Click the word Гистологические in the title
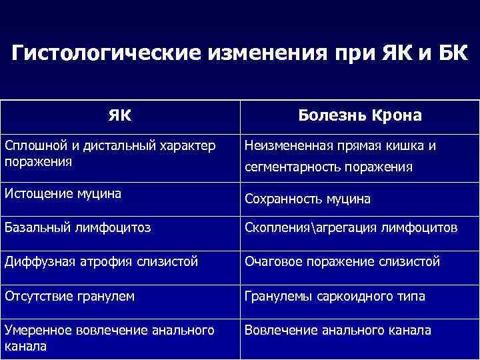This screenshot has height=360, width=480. coord(98,53)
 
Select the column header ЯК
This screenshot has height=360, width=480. coord(120,115)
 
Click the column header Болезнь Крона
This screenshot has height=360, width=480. coord(360,115)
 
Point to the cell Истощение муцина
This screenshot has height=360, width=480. coord(63,194)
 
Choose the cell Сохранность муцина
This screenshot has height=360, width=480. coord(307,199)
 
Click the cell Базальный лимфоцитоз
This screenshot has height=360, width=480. coord(77,228)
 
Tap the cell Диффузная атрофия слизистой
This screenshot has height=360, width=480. coord(101,262)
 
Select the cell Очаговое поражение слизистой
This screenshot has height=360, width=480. coord(342,262)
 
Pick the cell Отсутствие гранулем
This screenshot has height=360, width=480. coord(69,296)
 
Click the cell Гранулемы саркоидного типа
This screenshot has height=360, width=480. coord(335,296)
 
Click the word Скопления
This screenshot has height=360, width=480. coord(275,228)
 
